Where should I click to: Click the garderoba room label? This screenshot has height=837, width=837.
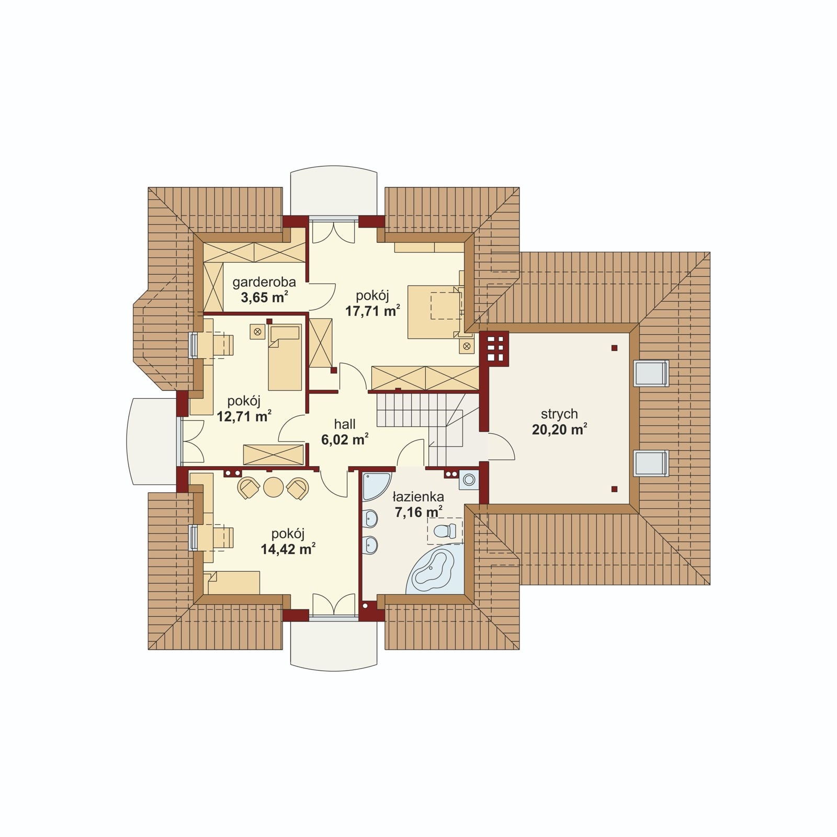pyautogui.click(x=264, y=282)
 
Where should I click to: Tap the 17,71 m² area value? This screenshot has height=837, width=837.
pyautogui.click(x=372, y=311)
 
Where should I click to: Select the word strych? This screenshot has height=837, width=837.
pyautogui.click(x=559, y=414)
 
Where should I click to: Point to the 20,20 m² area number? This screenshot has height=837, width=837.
pyautogui.click(x=559, y=430)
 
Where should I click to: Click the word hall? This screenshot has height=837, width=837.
pyautogui.click(x=345, y=424)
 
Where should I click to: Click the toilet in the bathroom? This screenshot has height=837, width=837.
pyautogui.click(x=445, y=531)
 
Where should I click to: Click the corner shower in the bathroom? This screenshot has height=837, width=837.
pyautogui.click(x=376, y=486)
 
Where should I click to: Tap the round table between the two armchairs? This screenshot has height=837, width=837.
pyautogui.click(x=273, y=487)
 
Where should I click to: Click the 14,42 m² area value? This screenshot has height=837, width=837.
pyautogui.click(x=288, y=549)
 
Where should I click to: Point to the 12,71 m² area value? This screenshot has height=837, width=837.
pyautogui.click(x=244, y=417)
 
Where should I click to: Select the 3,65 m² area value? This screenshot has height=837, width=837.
pyautogui.click(x=264, y=298)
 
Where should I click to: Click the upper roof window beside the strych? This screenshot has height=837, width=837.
pyautogui.click(x=651, y=373)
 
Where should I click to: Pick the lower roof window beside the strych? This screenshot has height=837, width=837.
pyautogui.click(x=651, y=463)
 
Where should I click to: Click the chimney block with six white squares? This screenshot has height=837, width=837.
pyautogui.click(x=494, y=348)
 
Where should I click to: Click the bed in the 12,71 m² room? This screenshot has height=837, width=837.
pyautogui.click(x=285, y=357)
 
